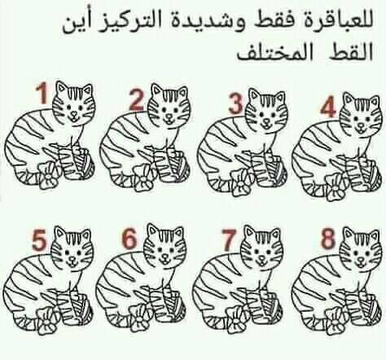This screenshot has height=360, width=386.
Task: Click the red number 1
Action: (42, 93)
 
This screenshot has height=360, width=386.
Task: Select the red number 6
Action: (129, 239)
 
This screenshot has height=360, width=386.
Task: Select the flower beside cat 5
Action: (48, 321)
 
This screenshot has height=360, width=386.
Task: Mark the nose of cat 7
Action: (261, 258)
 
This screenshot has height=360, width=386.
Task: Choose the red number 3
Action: (236, 103)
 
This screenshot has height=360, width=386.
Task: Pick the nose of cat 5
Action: (72, 258)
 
